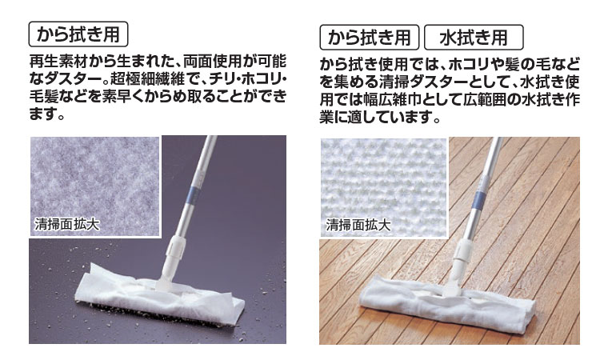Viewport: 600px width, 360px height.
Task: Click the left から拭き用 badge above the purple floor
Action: tap(78, 34)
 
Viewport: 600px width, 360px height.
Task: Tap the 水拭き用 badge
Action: tap(474, 37)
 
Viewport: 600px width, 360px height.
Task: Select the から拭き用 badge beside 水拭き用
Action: tap(370, 37)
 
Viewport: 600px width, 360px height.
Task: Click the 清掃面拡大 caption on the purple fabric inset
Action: tap(67, 224)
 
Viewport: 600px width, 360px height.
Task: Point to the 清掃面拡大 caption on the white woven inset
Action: tap(358, 225)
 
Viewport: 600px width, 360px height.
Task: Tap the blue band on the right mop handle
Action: tap(478, 199)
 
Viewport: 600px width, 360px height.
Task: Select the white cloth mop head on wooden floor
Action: tap(446, 301)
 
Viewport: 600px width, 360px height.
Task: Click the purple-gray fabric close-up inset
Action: tap(94, 186)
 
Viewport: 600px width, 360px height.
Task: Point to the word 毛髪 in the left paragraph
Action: tap(44, 97)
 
